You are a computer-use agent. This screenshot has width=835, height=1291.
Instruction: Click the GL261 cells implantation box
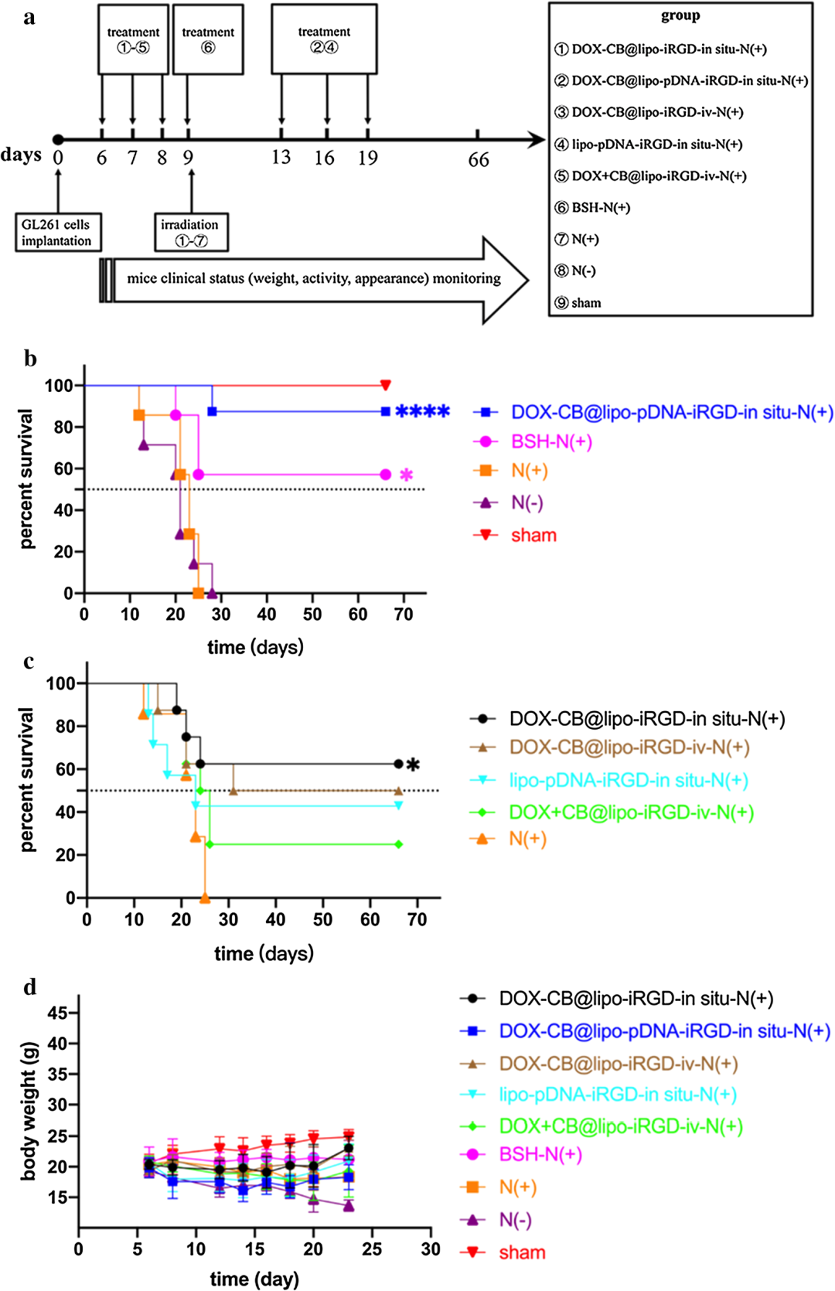(x=56, y=233)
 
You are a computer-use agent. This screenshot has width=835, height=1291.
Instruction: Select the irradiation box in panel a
(x=190, y=233)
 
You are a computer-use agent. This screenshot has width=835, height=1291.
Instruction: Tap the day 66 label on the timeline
(x=479, y=160)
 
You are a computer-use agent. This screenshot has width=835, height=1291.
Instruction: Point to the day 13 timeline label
(x=281, y=158)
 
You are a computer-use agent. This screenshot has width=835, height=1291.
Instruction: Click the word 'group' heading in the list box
(x=680, y=16)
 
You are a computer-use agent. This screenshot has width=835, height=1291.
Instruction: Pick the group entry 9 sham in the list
(x=578, y=303)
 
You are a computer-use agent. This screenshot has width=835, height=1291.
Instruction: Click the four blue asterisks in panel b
(x=422, y=412)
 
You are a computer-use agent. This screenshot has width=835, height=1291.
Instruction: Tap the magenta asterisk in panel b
(x=406, y=475)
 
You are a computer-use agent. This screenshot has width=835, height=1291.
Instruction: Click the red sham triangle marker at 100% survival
(x=386, y=385)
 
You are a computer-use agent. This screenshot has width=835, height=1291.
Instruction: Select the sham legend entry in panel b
(x=533, y=535)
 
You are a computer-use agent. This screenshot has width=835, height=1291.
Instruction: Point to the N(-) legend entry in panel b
(x=527, y=503)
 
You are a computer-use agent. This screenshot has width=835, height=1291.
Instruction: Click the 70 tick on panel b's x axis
(x=404, y=615)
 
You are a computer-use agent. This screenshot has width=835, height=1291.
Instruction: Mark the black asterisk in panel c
(x=414, y=765)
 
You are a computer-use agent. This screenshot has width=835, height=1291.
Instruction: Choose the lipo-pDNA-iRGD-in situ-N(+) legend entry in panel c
(x=628, y=780)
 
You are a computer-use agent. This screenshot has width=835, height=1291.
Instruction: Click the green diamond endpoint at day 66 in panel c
(x=399, y=844)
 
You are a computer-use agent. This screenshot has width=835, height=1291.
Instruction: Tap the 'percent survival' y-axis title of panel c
(x=28, y=779)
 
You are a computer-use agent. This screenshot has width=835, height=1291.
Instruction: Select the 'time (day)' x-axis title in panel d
(x=254, y=1279)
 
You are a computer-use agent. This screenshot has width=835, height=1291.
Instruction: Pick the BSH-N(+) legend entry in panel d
(x=540, y=1155)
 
